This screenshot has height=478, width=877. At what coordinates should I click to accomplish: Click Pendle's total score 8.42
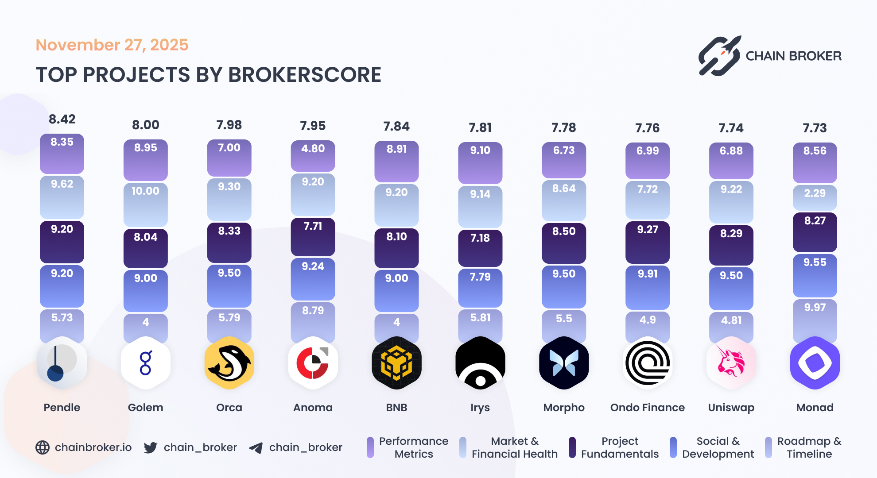click(x=62, y=119)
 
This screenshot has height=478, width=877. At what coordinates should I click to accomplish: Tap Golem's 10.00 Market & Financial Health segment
click(x=145, y=204)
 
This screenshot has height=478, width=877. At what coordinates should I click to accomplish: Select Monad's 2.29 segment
click(x=815, y=197)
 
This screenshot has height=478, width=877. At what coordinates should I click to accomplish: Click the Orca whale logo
click(x=229, y=363)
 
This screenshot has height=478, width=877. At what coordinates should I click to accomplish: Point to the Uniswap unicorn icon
click(x=731, y=363)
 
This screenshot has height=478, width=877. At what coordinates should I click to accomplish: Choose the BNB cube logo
click(x=396, y=363)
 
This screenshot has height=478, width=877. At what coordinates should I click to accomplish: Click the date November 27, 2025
click(x=112, y=45)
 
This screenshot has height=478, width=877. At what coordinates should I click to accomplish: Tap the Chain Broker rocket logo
click(x=719, y=56)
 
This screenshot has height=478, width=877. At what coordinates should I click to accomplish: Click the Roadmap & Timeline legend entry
click(x=804, y=447)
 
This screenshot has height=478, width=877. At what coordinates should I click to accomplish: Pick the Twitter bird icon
click(x=150, y=447)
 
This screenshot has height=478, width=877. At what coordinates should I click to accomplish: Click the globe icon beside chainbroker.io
click(x=43, y=447)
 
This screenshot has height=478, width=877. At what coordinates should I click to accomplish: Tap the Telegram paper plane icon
click(x=256, y=448)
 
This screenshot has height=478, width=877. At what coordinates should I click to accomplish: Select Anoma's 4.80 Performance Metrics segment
click(x=313, y=155)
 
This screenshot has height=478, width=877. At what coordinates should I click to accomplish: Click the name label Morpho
click(x=564, y=407)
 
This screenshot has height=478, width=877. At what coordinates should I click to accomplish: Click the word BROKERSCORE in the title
click(x=305, y=75)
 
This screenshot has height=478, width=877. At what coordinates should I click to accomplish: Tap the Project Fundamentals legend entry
click(x=615, y=447)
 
